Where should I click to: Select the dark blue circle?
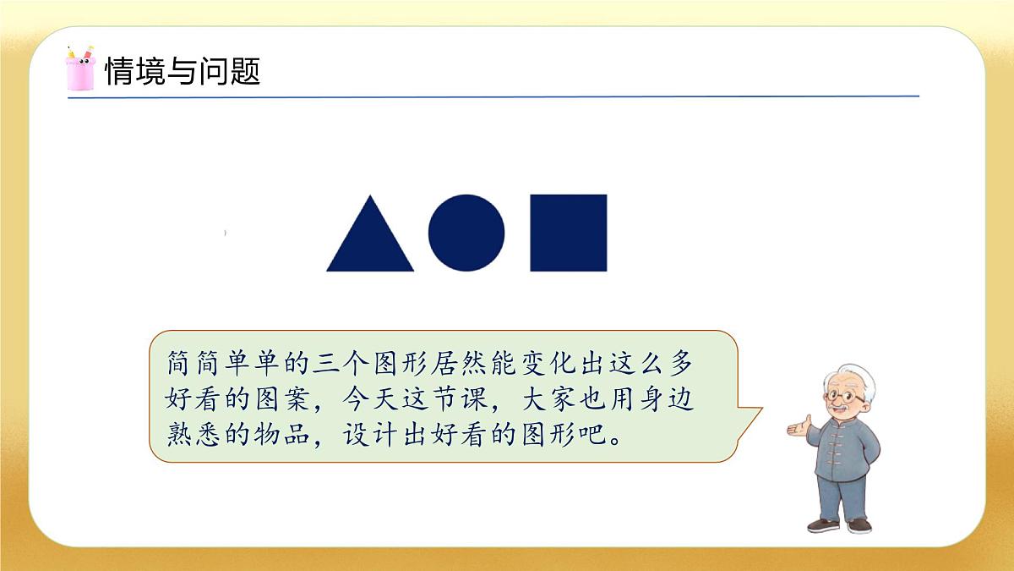466,233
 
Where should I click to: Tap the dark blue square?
568,233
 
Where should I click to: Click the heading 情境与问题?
182,72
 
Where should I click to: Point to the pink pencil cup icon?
79,69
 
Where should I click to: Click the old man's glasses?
845,396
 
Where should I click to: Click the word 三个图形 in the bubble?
358,365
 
